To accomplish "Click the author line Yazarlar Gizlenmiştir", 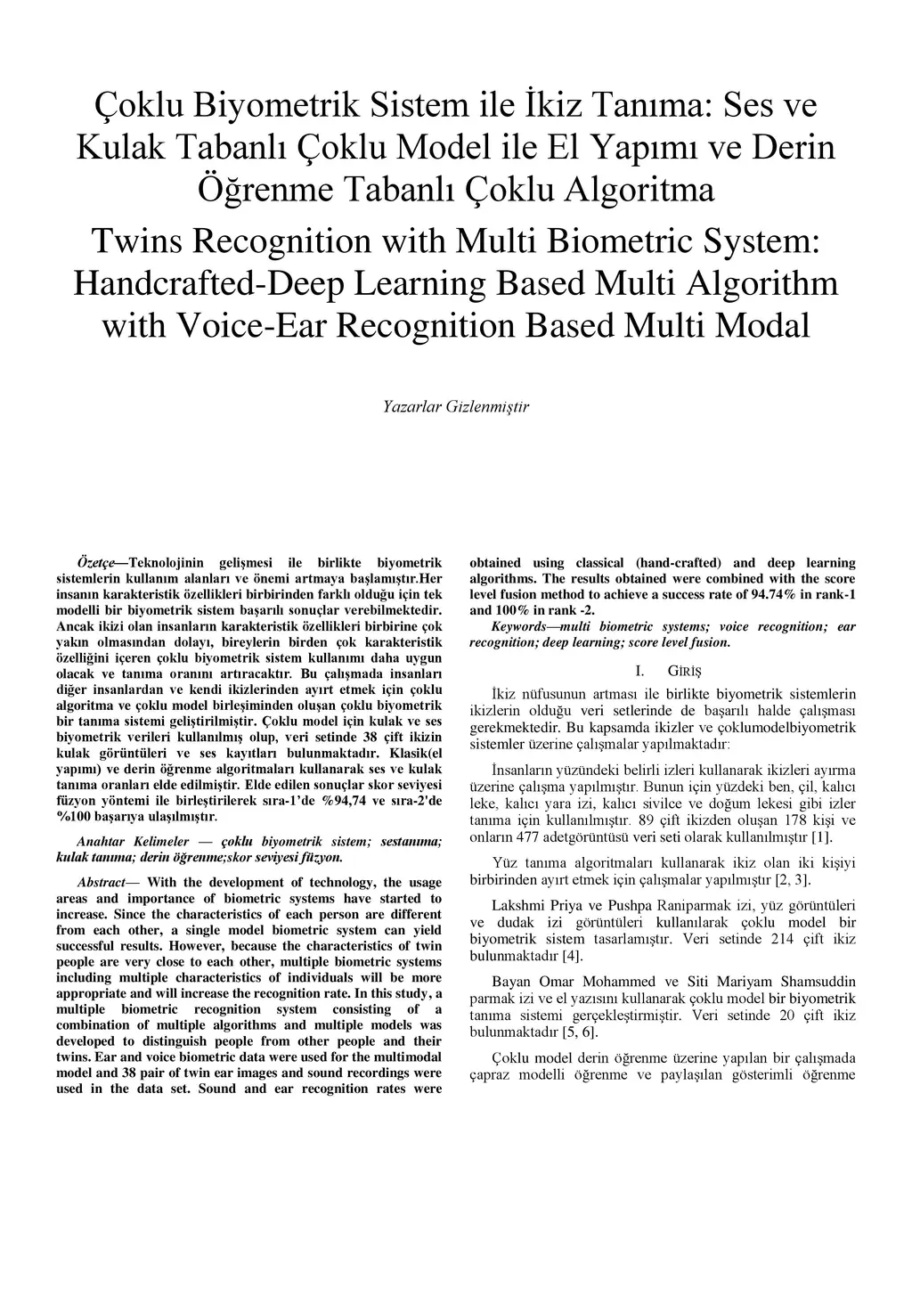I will (455, 407).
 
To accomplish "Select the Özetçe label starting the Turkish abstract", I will (102, 563).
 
